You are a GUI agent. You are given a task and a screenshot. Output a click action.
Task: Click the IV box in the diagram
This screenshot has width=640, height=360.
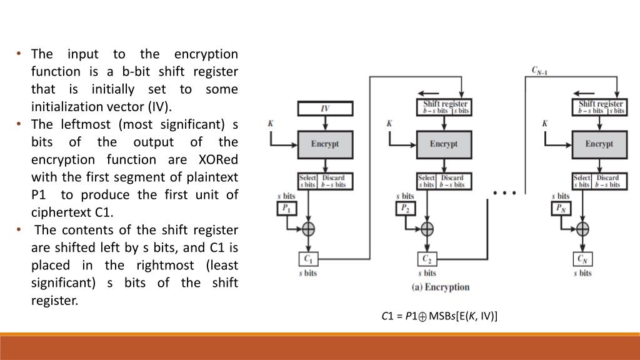pos(325,108)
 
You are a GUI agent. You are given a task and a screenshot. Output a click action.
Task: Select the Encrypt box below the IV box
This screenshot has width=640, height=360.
pos(325,144)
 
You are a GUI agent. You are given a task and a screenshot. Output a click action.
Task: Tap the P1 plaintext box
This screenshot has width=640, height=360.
pos(287,208)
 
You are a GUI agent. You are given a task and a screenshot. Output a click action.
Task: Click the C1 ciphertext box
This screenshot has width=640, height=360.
pos(308,259)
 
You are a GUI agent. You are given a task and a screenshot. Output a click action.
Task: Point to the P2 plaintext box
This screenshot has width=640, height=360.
pos(406,208)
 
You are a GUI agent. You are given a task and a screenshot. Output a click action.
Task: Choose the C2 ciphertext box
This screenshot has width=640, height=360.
pos(427,259)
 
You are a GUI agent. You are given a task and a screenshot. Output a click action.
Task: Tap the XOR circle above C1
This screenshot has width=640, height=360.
pos(308,228)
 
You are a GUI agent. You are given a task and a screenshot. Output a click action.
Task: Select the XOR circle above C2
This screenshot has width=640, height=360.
pos(427,228)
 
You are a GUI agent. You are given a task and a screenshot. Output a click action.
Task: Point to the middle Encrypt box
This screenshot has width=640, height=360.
pos(444,144)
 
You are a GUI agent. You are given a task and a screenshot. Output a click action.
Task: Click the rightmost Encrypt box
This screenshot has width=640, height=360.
pos(599,144)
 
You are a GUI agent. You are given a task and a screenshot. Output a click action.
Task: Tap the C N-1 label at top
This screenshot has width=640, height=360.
pos(540,70)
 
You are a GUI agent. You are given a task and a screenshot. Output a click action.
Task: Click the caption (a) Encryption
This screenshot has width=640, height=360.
pos(440,287)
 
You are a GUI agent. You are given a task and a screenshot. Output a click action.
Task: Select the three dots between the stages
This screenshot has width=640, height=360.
pos(504,193)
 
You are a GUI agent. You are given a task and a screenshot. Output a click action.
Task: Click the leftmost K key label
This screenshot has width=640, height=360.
pos(271,123)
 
